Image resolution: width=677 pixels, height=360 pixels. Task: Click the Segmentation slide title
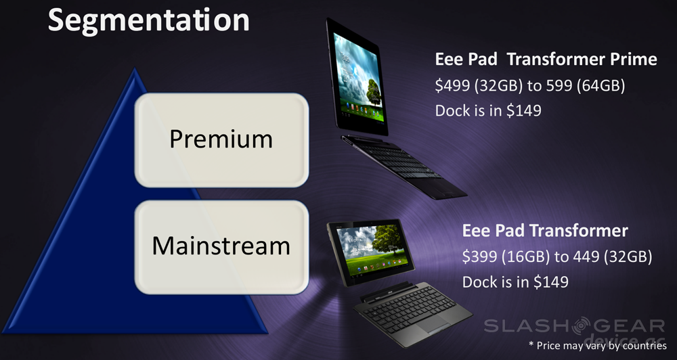click(148, 20)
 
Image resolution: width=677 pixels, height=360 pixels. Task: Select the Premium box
click(221, 140)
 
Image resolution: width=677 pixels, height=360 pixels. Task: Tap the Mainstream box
click(221, 247)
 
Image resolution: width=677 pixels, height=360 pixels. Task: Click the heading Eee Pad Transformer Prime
click(546, 59)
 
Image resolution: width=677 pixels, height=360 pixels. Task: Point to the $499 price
click(452, 85)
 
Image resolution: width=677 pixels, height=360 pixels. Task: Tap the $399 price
click(480, 257)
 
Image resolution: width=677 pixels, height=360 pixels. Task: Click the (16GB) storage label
click(525, 257)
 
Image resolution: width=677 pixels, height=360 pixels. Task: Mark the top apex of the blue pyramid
click(135, 68)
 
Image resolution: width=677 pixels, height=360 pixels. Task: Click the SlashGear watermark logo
click(574, 327)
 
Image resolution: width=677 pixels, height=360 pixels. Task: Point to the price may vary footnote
click(598, 345)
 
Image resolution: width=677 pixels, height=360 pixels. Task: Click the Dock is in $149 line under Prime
click(488, 110)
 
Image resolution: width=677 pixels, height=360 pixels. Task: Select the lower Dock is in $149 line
click(515, 282)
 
